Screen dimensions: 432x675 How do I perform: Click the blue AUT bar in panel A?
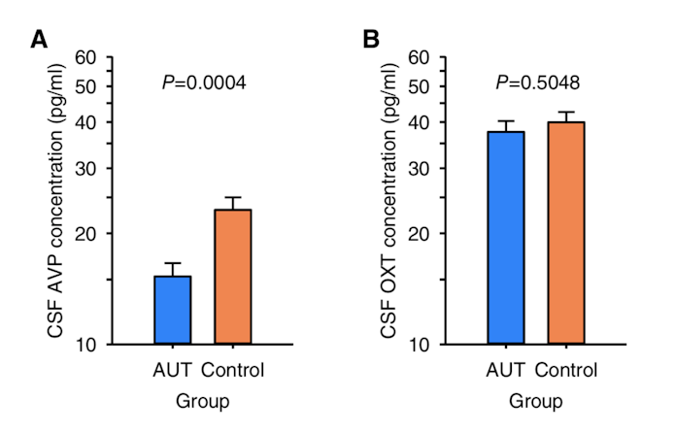coord(172,310)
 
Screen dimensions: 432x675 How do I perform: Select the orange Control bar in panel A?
coord(232,277)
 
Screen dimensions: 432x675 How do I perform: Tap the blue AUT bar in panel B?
coord(506,238)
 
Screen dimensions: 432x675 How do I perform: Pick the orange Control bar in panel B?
coord(565,233)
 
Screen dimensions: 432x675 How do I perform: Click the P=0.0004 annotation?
coord(203,83)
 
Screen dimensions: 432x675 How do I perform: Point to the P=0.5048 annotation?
coord(536,83)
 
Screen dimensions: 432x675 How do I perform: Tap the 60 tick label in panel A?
coord(88,57)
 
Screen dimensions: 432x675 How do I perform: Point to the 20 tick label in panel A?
coord(88,233)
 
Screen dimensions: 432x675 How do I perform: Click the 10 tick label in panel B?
coord(420,345)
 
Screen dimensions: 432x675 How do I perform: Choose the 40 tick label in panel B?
coord(420,122)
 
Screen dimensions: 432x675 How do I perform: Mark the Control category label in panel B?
coord(566,370)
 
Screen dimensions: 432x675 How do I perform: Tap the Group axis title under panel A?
coord(202,400)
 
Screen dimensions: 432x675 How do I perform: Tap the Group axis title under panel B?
coord(535,400)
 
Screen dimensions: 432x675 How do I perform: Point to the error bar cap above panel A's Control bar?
coord(232,197)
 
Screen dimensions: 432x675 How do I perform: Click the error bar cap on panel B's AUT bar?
coord(506,121)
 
